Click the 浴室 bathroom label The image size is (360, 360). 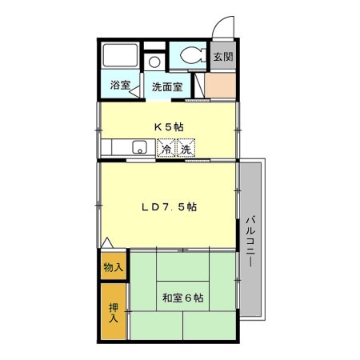pyautogui.click(x=120, y=86)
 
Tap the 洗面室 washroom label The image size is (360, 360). pyautogui.click(x=168, y=86)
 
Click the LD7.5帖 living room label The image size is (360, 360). pyautogui.click(x=169, y=206)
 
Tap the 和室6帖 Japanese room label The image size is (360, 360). pyautogui.click(x=182, y=298)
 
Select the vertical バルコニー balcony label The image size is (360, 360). pyautogui.click(x=250, y=241)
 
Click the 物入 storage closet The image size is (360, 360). pyautogui.click(x=113, y=267)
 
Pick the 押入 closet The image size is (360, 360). pyautogui.click(x=113, y=311)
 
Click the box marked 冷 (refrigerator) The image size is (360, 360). pyautogui.click(x=166, y=149)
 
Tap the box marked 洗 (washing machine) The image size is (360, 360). pyautogui.click(x=186, y=149)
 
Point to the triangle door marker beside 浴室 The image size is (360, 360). pyautogui.click(x=137, y=87)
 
